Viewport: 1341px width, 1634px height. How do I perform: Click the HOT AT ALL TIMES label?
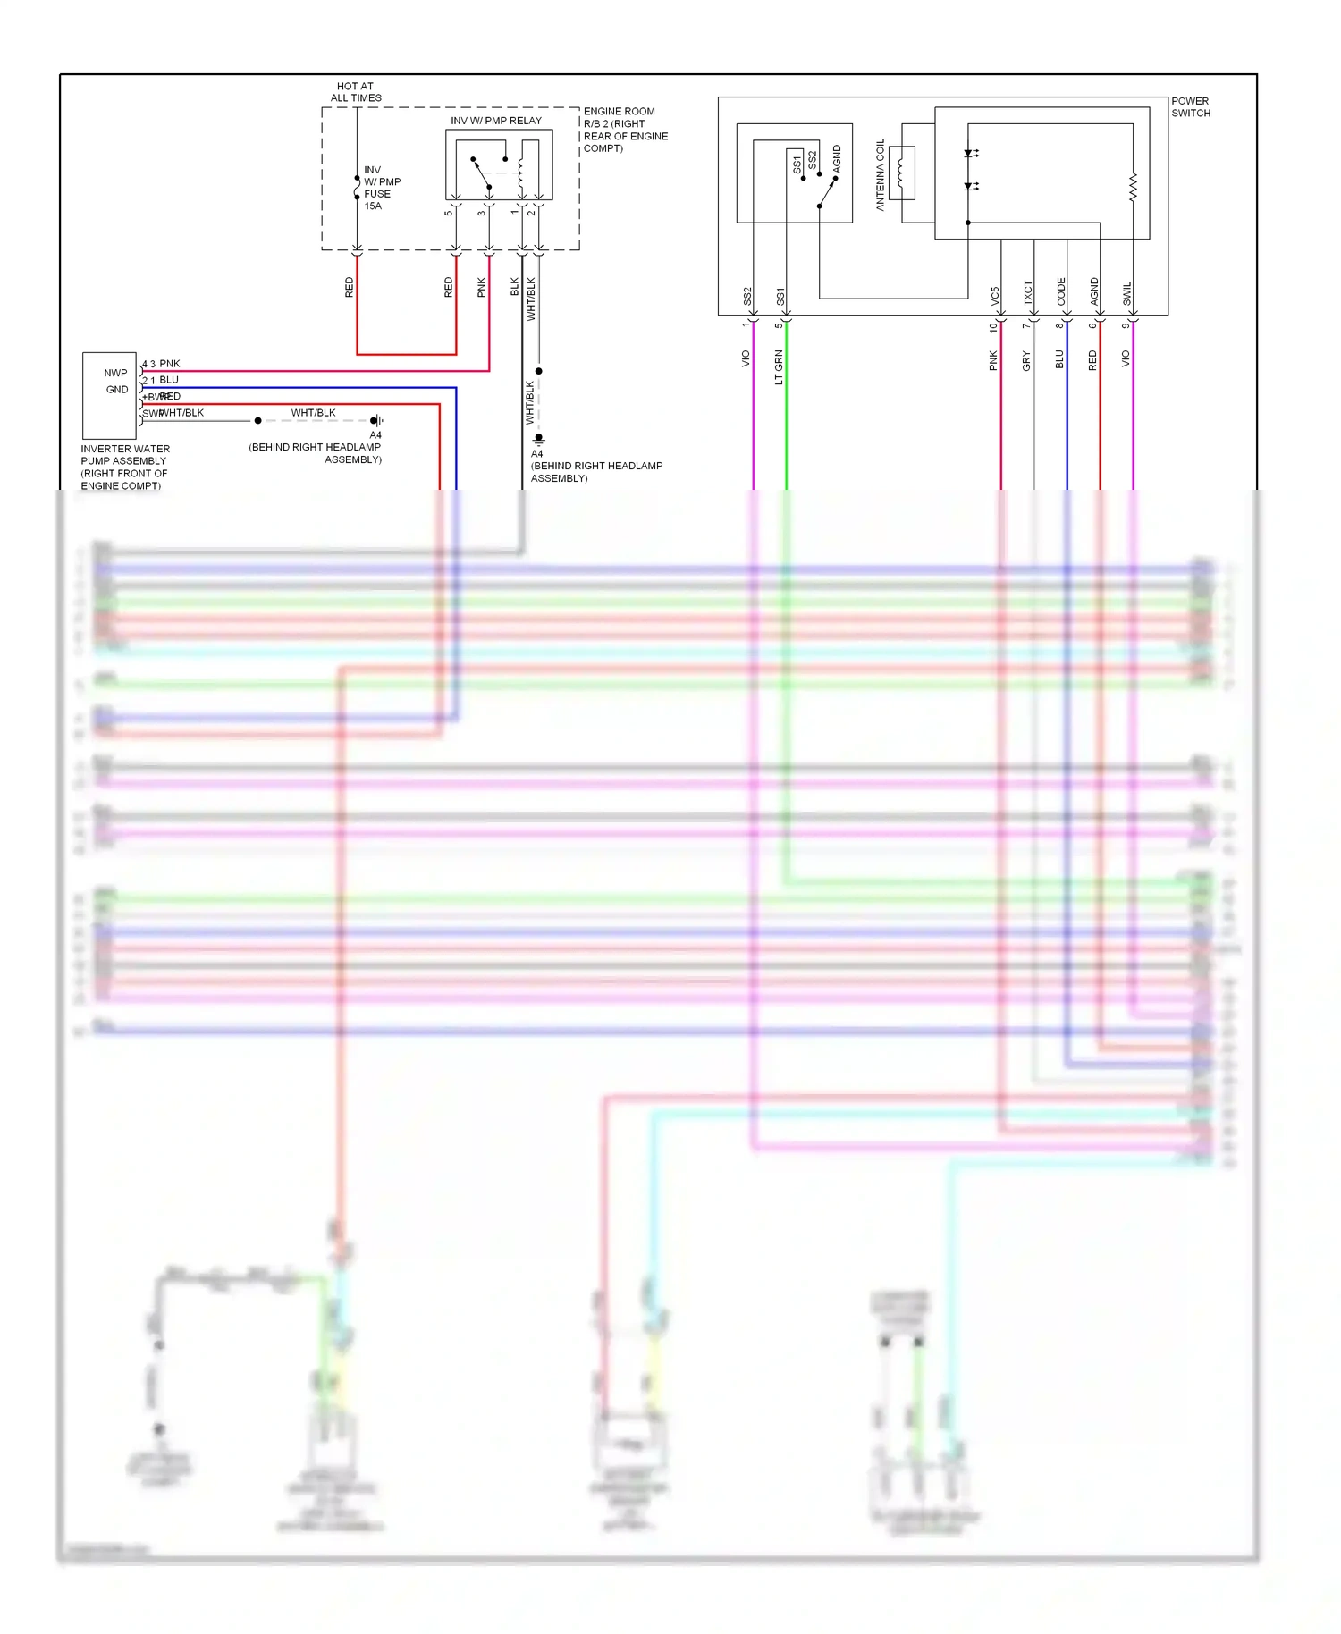pos(356,92)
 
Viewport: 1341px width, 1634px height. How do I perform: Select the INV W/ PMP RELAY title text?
pos(495,121)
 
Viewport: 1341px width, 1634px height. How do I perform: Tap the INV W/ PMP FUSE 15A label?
pos(382,188)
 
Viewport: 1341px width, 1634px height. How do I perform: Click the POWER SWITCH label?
pos(1190,107)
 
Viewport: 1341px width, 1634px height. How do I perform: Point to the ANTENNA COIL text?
pos(880,174)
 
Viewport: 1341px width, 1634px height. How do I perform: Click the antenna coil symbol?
pos(900,173)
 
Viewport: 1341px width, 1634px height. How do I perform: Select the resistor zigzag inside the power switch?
pos(1133,187)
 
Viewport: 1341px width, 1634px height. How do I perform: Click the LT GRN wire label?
pos(779,367)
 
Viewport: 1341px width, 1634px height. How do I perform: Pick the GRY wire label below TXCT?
pos(1026,361)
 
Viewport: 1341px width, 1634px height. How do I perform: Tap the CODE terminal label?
pos(1061,291)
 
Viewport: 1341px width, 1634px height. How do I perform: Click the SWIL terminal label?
pos(1127,294)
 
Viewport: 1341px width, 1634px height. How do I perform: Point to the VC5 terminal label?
pos(995,297)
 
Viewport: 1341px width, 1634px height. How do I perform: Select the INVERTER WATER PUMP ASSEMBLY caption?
pos(124,467)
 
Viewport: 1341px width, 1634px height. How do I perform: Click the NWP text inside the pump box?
pos(115,373)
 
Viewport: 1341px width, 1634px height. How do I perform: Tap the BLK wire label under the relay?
pos(515,287)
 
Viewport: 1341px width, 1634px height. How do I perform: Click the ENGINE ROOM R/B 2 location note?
pos(625,130)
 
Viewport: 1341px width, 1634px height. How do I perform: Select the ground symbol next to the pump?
pos(377,420)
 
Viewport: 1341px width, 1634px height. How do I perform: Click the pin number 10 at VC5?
pos(992,328)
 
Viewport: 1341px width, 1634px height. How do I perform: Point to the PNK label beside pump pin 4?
pos(170,364)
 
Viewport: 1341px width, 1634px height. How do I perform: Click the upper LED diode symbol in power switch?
pos(969,154)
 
